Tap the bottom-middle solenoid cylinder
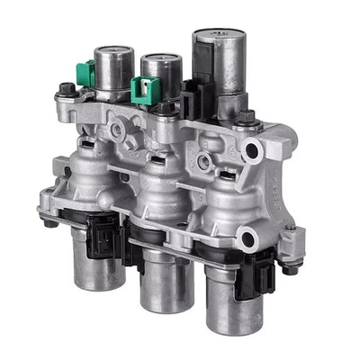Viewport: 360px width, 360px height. click(x=157, y=274)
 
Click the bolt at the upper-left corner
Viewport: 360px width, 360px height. click(x=66, y=90)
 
